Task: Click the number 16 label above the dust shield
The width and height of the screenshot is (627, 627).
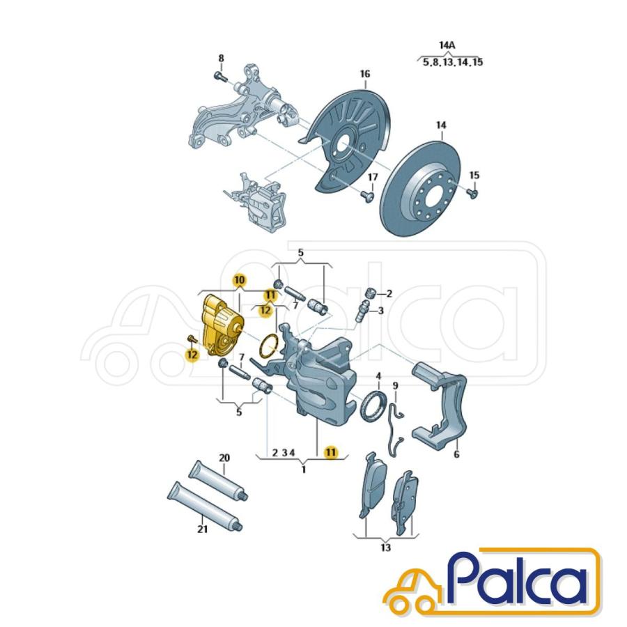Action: (x=364, y=74)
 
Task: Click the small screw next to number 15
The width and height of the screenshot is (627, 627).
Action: (x=474, y=193)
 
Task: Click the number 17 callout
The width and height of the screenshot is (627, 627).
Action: (x=373, y=176)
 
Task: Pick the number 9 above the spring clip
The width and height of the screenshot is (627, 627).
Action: (x=395, y=385)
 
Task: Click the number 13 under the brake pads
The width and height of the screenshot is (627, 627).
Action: (x=385, y=548)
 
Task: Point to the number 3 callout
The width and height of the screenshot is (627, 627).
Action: (x=381, y=310)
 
